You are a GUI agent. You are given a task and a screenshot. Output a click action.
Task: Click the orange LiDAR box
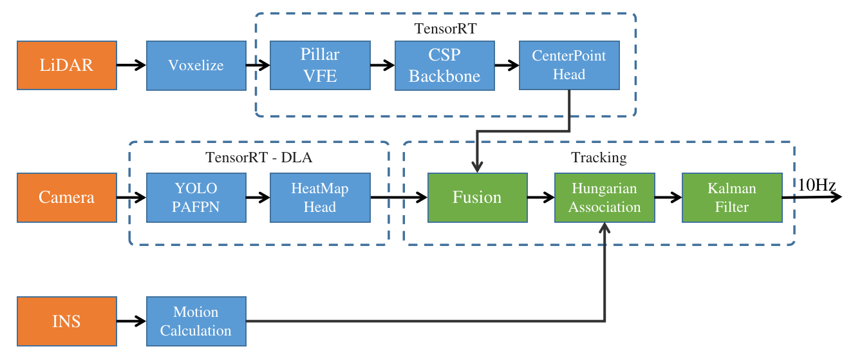coord(67,66)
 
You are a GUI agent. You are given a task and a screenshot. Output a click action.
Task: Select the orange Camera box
coord(67,198)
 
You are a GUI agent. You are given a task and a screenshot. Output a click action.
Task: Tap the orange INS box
coord(67,321)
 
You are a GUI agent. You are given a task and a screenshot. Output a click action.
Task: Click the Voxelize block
coord(196,66)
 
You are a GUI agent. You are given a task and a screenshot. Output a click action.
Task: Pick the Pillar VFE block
coord(320,66)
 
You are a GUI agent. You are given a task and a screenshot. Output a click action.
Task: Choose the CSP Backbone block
coord(445,66)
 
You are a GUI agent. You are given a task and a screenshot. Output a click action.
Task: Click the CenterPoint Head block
coord(569,66)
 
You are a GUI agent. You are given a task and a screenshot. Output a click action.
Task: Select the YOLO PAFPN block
coord(196,198)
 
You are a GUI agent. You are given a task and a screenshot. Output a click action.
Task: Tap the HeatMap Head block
coord(320,198)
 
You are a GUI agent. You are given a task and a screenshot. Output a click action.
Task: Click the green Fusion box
coord(478,198)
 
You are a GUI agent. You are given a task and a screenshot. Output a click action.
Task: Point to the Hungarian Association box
coord(605,198)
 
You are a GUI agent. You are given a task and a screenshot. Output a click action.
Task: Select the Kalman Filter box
coord(732,198)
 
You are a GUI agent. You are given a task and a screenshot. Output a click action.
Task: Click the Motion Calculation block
coord(196,321)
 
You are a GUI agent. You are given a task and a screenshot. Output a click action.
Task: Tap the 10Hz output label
coord(816,185)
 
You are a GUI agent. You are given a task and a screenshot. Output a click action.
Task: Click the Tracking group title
coord(599,157)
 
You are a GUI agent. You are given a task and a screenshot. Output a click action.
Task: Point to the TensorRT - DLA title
coord(259,157)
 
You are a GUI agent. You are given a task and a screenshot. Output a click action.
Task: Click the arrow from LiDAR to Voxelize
coord(131,65)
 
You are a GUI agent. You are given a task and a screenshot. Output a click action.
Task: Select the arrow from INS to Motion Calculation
coord(131,321)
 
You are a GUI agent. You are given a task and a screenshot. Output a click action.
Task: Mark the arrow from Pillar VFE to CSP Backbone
coord(382,65)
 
